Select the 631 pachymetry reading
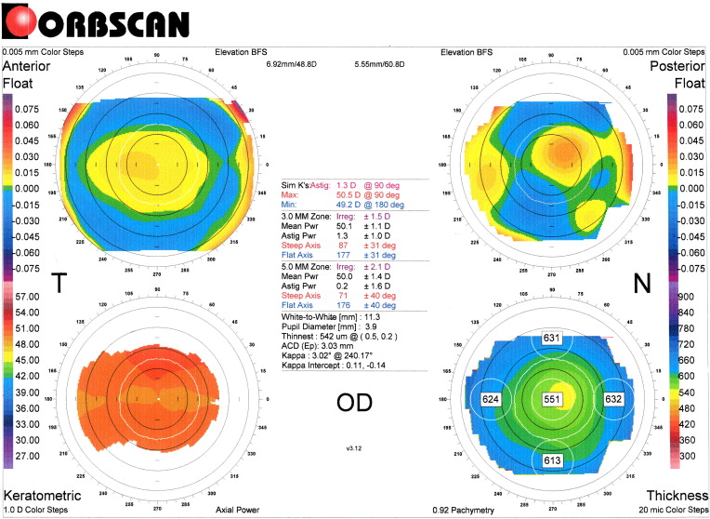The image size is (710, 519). [553, 338]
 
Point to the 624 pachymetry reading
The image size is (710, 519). [492, 398]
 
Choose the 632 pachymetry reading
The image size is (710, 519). [613, 398]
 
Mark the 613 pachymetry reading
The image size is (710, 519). [553, 460]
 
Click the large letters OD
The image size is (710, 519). [356, 402]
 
